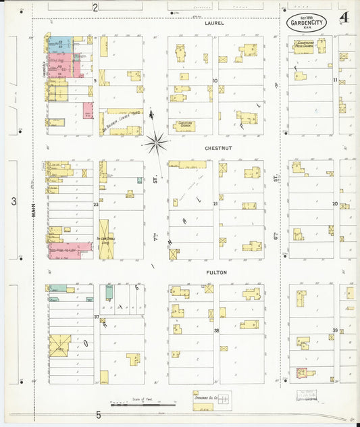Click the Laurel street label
(x=214, y=23)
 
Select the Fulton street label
(x=216, y=272)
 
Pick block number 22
(x=96, y=204)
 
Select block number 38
(x=216, y=330)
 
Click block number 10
(x=215, y=80)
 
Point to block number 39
(x=335, y=330)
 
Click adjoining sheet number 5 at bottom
(x=98, y=415)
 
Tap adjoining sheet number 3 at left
(x=14, y=201)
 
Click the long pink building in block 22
(x=70, y=251)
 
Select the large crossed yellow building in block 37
(x=59, y=345)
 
